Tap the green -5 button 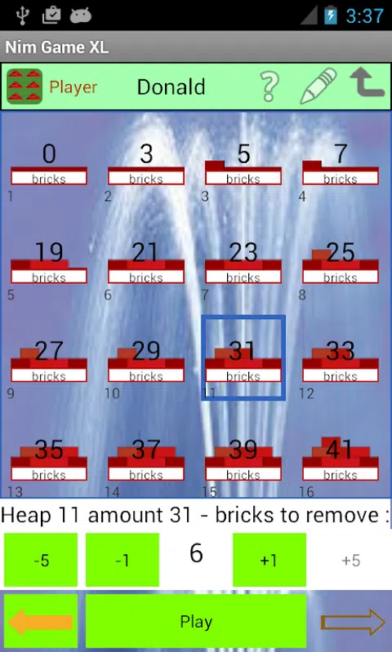click(41, 560)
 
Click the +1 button click(269, 560)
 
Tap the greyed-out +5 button click(351, 560)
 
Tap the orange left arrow click(41, 622)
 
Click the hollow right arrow click(353, 622)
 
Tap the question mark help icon click(269, 86)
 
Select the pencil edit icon click(318, 86)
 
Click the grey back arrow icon click(367, 82)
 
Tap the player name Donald click(171, 86)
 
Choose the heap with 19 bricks click(49, 264)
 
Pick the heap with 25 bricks click(341, 264)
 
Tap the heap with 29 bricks click(146, 361)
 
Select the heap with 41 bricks click(341, 460)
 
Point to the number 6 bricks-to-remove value click(196, 553)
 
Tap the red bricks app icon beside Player click(24, 86)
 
